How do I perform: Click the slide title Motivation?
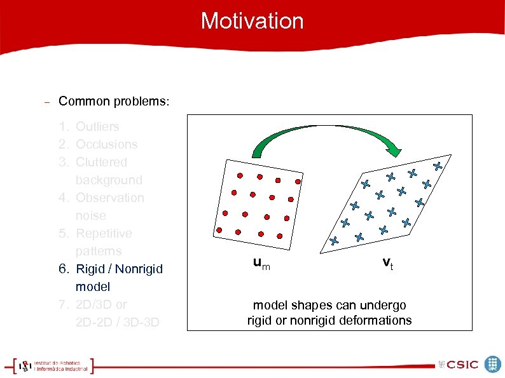coord(252,21)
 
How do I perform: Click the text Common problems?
coord(114,102)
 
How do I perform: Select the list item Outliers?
coord(97,127)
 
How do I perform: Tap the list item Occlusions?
coord(106,145)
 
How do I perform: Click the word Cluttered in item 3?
coord(101,163)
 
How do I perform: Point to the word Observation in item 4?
coord(109,198)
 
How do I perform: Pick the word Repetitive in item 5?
coord(104,234)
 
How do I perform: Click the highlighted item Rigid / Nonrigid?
coord(119,269)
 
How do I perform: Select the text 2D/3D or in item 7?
coord(101,305)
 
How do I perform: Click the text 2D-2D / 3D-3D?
coord(117,323)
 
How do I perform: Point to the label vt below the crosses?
coord(387,263)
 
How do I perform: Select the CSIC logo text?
coord(462,365)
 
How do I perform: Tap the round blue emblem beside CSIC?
coord(492,364)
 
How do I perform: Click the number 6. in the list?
coord(64,269)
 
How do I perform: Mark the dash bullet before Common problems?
coord(46,102)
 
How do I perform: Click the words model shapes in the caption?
coord(286,306)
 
